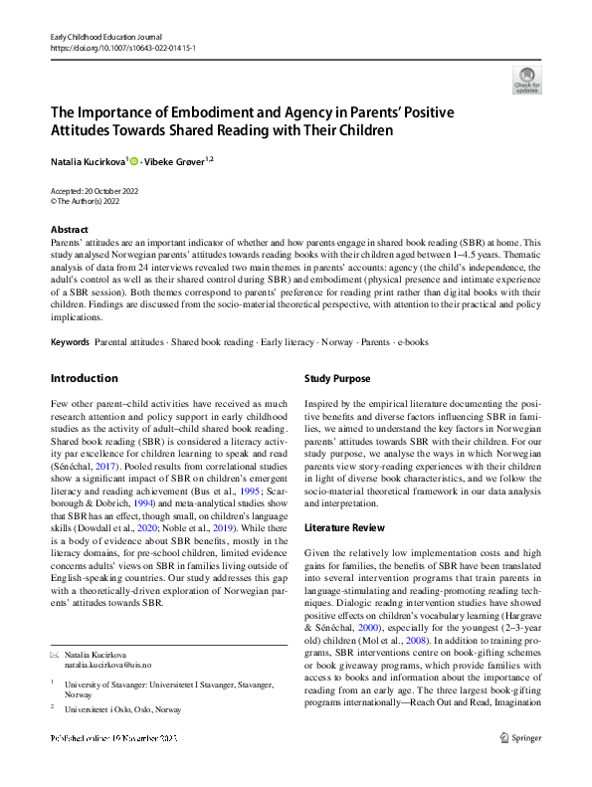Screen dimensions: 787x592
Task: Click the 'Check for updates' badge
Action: pyautogui.click(x=526, y=80)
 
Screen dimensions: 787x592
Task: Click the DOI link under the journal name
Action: pyautogui.click(x=110, y=47)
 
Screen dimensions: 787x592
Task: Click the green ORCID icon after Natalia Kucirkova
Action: pyautogui.click(x=134, y=159)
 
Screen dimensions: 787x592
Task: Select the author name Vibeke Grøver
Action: pyautogui.click(x=174, y=159)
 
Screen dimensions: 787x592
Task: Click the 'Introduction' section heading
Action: pyautogui.click(x=85, y=378)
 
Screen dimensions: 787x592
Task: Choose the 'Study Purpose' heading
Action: pyautogui.click(x=337, y=378)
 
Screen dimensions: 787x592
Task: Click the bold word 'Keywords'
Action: pyautogui.click(x=70, y=342)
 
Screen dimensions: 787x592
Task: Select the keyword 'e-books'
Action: pyautogui.click(x=412, y=342)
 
